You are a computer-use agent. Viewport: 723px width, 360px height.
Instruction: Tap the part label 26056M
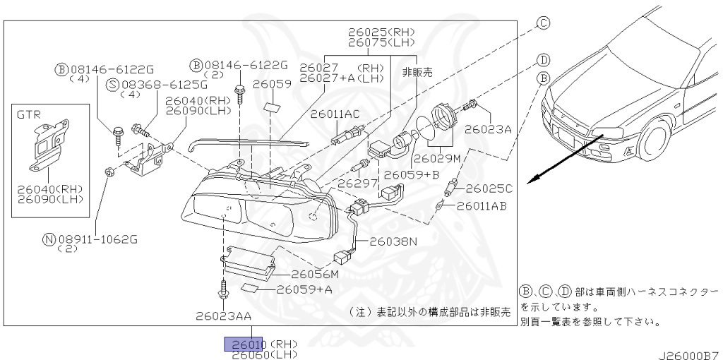(x=315, y=274)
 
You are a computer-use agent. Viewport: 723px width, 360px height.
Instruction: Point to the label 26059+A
(x=304, y=289)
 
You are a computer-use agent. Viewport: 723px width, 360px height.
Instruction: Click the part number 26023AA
(x=224, y=316)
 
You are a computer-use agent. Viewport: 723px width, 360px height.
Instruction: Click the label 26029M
(x=437, y=159)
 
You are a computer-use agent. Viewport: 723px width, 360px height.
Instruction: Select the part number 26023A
(x=488, y=129)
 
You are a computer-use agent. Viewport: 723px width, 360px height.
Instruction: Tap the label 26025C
(x=488, y=188)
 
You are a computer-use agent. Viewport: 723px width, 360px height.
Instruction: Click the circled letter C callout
(x=543, y=23)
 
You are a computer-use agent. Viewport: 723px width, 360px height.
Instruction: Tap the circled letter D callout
(x=543, y=59)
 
